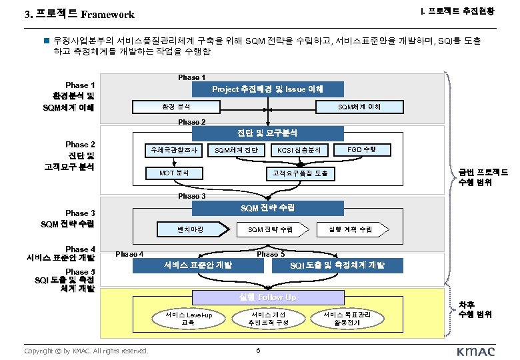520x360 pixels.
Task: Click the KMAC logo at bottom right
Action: (x=476, y=351)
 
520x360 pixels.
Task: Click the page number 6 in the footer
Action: (x=258, y=351)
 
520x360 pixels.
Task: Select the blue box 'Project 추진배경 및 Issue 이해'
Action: (x=267, y=89)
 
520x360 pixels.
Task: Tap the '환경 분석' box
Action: (x=176, y=107)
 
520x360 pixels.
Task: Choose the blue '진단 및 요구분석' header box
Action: (x=267, y=133)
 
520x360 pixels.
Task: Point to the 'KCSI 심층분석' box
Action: (x=299, y=150)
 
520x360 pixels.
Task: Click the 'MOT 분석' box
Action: (x=174, y=173)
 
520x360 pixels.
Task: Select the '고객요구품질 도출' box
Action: (x=297, y=173)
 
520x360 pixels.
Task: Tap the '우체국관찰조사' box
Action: (x=174, y=150)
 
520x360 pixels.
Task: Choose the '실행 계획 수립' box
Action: (x=353, y=229)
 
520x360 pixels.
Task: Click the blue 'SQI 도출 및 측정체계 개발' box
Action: (x=337, y=265)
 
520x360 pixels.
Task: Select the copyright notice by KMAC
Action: (x=86, y=351)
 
